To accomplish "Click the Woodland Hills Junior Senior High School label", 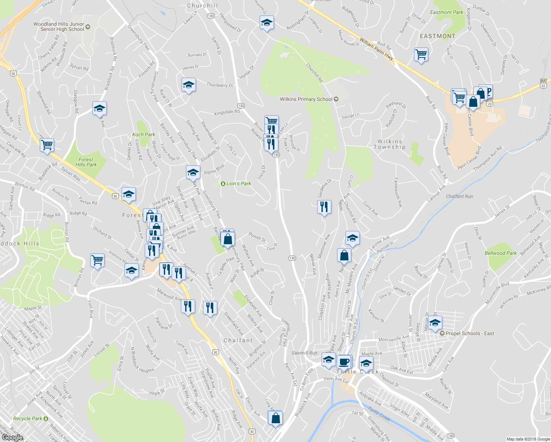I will pyautogui.click(x=59, y=27).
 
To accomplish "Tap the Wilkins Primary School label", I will pyautogui.click(x=306, y=99).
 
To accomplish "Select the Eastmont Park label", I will pyautogui.click(x=446, y=12).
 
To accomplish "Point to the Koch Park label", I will pyautogui.click(x=144, y=134).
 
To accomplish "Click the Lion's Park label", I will pyautogui.click(x=238, y=183).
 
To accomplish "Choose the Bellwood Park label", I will pyautogui.click(x=501, y=253).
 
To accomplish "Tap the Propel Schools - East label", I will pyautogui.click(x=470, y=333).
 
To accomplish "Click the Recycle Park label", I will pyautogui.click(x=28, y=418).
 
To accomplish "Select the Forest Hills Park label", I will pyautogui.click(x=86, y=162).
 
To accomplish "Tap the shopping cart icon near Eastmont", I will pyautogui.click(x=421, y=55).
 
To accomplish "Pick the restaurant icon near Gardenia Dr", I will pyautogui.click(x=324, y=207).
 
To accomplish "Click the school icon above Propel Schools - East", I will pyautogui.click(x=435, y=323).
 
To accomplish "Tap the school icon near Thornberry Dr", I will pyautogui.click(x=189, y=85).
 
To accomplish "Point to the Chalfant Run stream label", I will pyautogui.click(x=459, y=196).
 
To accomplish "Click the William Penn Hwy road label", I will pyautogui.click(x=376, y=49).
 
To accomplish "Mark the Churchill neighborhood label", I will pyautogui.click(x=202, y=6).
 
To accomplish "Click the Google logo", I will pyautogui.click(x=12, y=437).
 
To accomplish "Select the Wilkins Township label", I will pyautogui.click(x=390, y=144).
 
